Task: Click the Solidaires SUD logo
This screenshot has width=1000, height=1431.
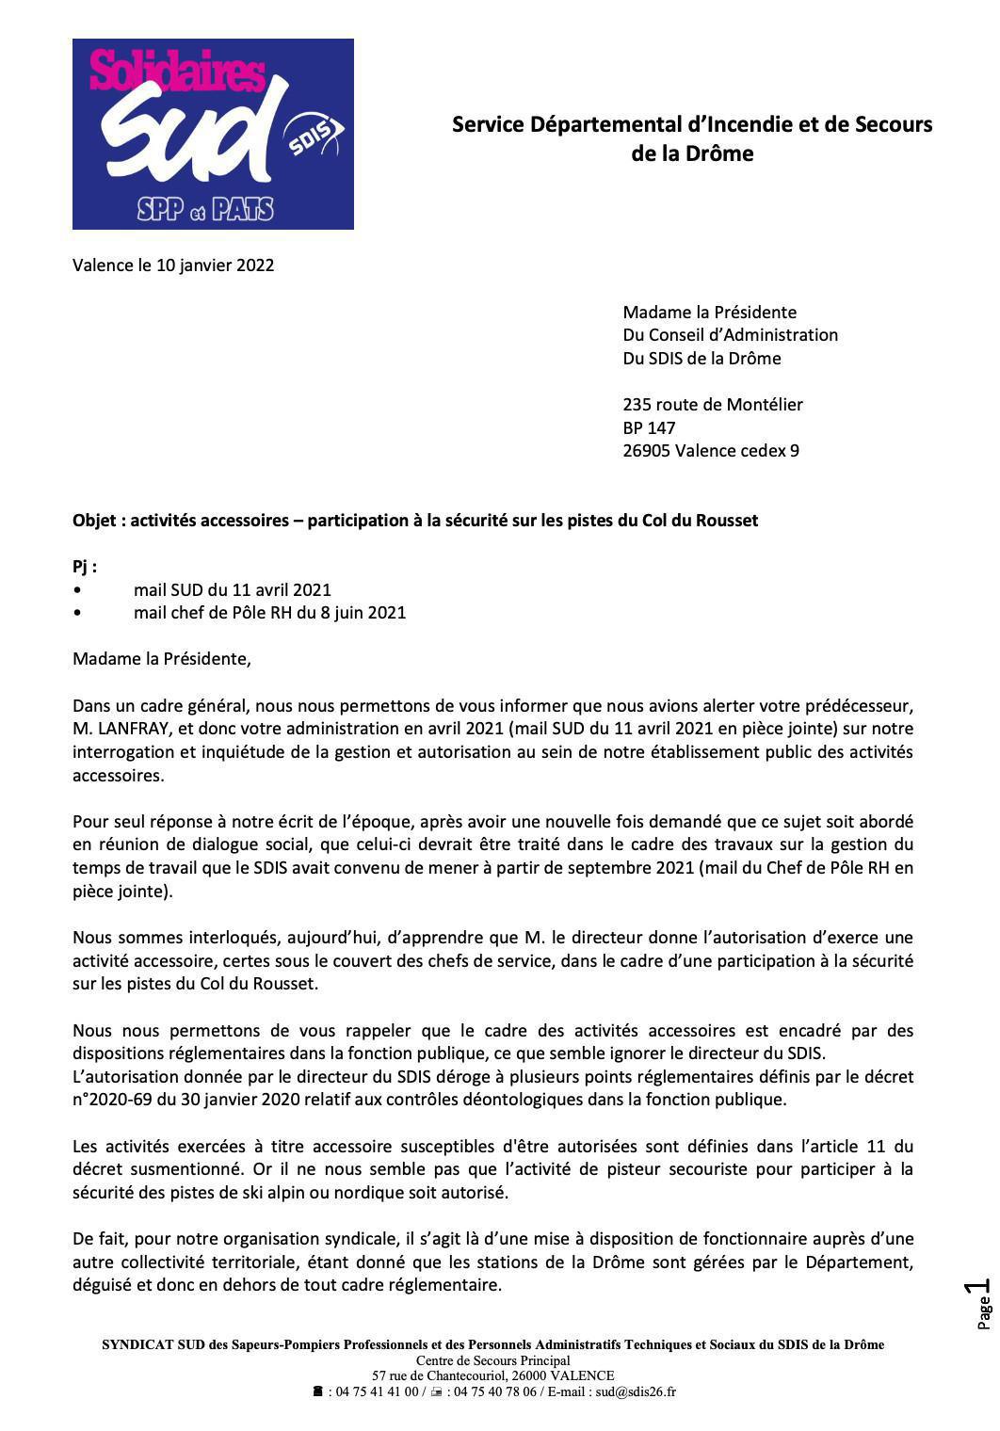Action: point(213,134)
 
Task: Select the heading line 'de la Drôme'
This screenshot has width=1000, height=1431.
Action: point(692,153)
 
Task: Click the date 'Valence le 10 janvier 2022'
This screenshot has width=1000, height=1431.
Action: point(173,265)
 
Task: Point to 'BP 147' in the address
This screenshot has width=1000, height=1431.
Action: point(649,427)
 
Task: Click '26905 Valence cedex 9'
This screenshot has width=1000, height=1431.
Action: point(710,451)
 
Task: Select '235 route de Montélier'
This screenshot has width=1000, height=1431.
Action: point(712,405)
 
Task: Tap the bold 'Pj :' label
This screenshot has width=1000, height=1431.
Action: point(85,567)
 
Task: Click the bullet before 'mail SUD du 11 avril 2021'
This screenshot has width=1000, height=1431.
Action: point(77,590)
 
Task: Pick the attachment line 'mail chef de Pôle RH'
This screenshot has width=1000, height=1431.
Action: point(269,613)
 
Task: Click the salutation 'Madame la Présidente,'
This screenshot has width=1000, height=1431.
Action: point(162,659)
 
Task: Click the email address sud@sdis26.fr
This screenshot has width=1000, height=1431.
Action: point(635,1391)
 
